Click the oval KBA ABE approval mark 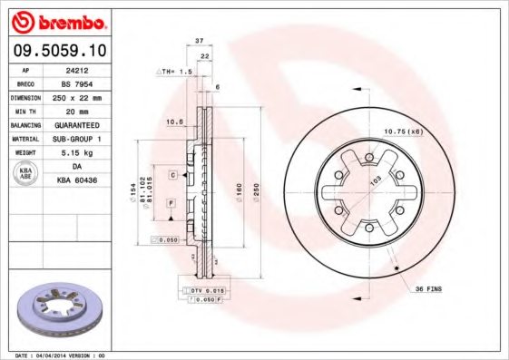click(x=27, y=174)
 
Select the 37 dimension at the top click(x=199, y=41)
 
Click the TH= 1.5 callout click(x=176, y=70)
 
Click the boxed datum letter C click(x=171, y=173)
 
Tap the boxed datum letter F click(x=170, y=205)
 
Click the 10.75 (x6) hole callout click(x=404, y=133)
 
